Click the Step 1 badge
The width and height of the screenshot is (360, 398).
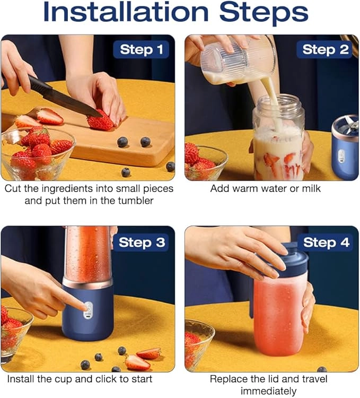click(141, 49)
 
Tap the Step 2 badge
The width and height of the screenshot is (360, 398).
click(325, 49)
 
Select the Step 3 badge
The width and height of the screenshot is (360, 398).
click(141, 243)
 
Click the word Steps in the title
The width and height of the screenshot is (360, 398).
click(264, 13)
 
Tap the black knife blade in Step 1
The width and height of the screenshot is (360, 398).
click(66, 98)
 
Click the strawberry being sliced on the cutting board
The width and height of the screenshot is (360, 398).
click(101, 122)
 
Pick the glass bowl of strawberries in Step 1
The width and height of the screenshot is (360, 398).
click(38, 153)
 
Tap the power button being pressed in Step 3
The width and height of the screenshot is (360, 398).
click(88, 309)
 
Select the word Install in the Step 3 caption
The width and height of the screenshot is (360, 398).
click(21, 379)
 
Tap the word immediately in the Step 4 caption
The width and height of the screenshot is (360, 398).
click(268, 391)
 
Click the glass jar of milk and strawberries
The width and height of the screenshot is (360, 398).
click(279, 139)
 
